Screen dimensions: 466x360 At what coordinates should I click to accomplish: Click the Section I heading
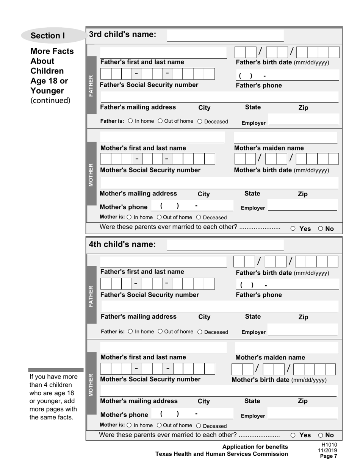click(x=48, y=36)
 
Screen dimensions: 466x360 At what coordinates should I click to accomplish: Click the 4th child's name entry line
click(x=225, y=246)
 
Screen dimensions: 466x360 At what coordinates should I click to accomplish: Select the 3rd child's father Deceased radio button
click(x=200, y=122)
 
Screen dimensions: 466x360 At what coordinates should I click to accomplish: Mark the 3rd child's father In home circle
click(x=130, y=121)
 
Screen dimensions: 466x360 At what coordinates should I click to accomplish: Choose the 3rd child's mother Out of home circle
click(x=159, y=217)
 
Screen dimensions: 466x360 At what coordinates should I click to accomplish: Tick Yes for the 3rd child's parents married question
click(x=293, y=229)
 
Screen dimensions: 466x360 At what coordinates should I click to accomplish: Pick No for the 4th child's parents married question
click(x=321, y=435)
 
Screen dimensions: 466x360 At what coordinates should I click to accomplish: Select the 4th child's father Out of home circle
click(x=160, y=332)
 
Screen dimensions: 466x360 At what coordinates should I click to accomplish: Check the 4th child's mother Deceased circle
click(x=199, y=426)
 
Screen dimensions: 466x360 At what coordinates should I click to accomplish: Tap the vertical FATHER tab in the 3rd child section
click(x=91, y=86)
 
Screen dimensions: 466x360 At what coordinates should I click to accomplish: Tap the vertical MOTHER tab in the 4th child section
click(x=91, y=385)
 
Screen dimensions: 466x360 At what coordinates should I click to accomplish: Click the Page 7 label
click(x=328, y=456)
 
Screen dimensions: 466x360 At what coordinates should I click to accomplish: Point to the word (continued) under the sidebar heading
click(x=50, y=101)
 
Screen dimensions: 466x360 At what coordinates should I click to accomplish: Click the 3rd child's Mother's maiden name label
click(x=269, y=148)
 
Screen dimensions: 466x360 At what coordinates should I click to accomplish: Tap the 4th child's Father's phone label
click(x=259, y=295)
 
